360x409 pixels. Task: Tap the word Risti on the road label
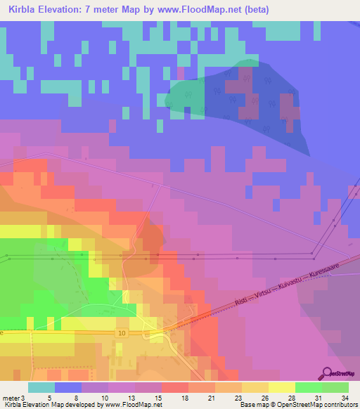[241, 301]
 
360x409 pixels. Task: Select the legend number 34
[344, 397]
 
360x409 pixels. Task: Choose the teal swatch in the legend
[41, 387]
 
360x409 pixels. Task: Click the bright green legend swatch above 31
[308, 387]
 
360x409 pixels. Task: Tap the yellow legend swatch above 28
[281, 387]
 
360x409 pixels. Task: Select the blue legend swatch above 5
[68, 387]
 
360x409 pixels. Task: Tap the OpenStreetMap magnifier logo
[327, 373]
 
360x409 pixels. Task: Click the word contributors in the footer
[339, 405]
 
